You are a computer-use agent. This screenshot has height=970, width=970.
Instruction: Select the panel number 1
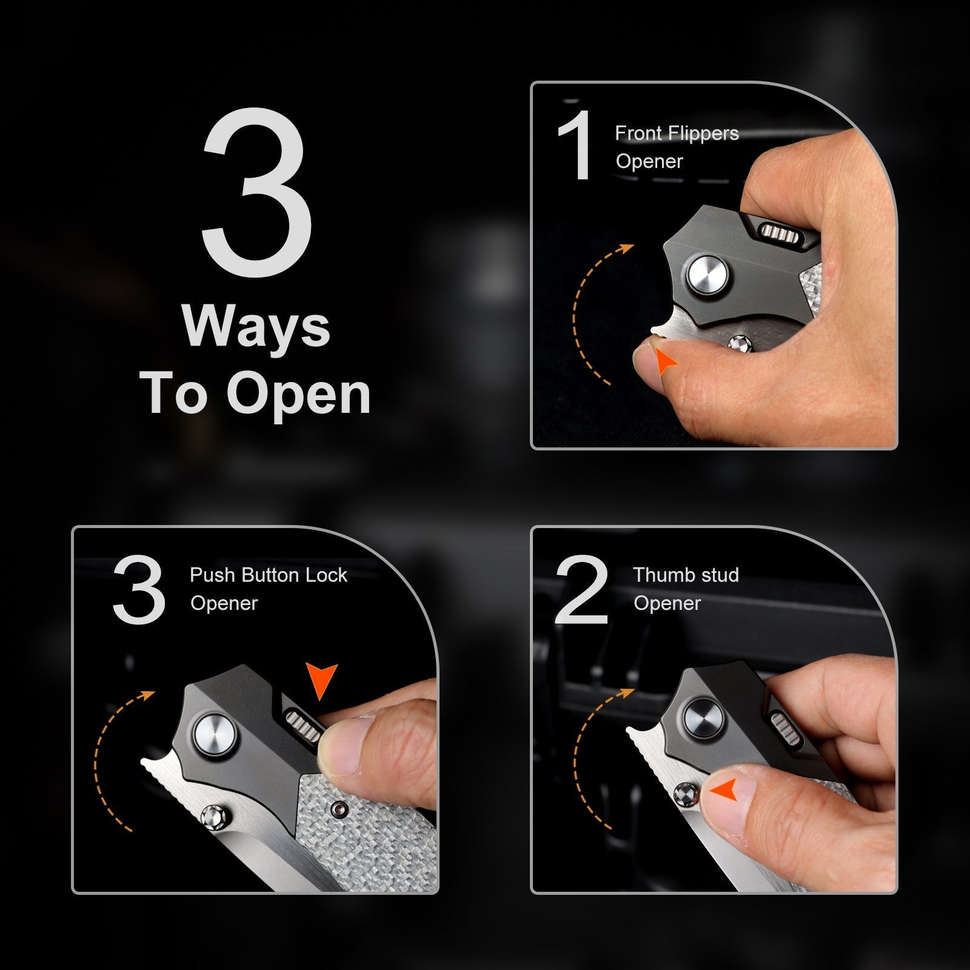coord(574,145)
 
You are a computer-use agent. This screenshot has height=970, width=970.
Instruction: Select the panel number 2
coord(581,590)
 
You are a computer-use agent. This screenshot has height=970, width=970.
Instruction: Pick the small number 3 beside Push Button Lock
coord(139,590)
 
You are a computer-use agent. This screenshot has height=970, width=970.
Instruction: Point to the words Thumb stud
coord(686,575)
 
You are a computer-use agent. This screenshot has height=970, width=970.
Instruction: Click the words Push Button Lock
coord(269,575)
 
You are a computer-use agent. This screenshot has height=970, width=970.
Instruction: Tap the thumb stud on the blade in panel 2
coord(686,792)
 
